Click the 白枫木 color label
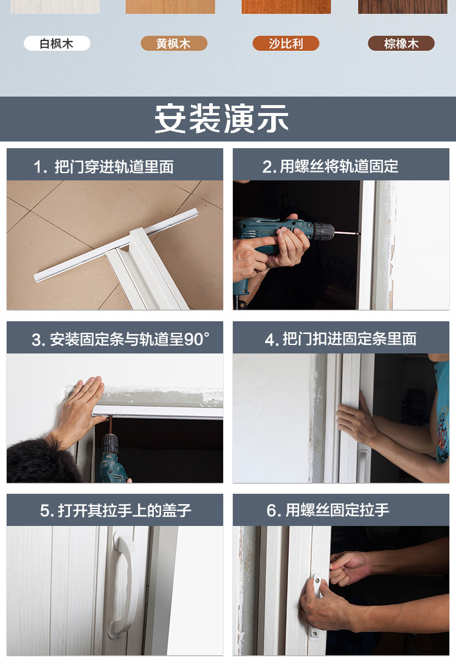(x=57, y=44)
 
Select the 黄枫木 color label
(x=174, y=44)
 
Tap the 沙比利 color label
(x=285, y=44)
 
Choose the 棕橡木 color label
(x=401, y=44)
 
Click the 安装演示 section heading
(x=221, y=119)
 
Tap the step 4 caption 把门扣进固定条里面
(x=340, y=340)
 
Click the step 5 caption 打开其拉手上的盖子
(x=116, y=511)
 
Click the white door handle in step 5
(x=121, y=584)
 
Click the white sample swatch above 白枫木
(x=55, y=7)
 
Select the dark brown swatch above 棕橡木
(x=402, y=7)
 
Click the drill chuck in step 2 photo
(x=323, y=231)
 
